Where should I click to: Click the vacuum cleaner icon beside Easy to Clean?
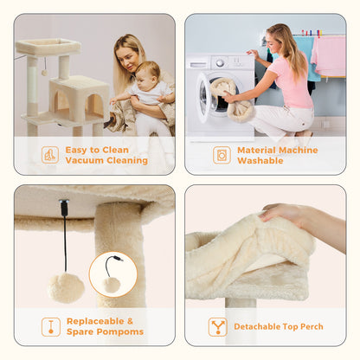(50, 155)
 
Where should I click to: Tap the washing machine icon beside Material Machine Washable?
(222, 155)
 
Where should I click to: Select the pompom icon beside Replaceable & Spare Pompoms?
(51, 327)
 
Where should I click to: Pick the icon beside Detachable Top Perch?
(218, 327)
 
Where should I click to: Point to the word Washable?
(260, 160)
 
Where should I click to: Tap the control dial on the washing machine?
(220, 62)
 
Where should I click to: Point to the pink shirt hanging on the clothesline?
(329, 55)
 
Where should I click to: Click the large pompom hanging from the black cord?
(66, 288)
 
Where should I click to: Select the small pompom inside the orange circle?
(112, 285)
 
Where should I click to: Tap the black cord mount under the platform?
(64, 206)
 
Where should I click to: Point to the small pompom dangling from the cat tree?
(44, 73)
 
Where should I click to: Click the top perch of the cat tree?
(48, 46)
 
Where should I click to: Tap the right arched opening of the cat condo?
(94, 106)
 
